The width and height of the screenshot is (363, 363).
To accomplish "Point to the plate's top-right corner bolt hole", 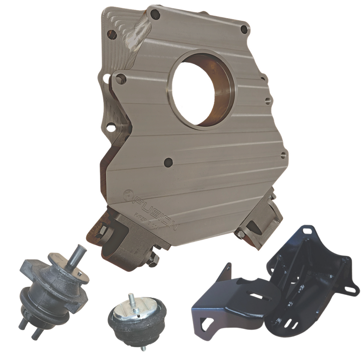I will (x=244, y=29).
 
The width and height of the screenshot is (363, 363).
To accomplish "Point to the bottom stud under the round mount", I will (x=143, y=348).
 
